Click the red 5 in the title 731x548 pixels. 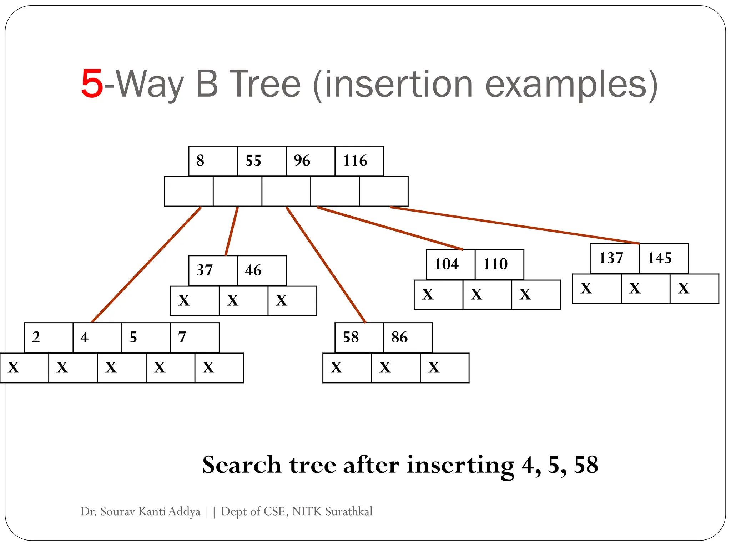tap(92, 84)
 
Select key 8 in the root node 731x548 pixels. tap(213, 161)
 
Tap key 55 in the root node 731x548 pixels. tap(261, 161)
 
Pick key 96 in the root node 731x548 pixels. tap(310, 161)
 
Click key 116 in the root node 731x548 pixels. tap(359, 161)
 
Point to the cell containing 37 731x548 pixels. tap(213, 270)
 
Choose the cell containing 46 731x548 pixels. tap(261, 270)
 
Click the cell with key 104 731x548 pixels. tap(450, 264)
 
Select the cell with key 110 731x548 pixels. tap(499, 264)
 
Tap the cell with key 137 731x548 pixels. tap(615, 258)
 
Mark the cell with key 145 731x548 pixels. tap(664, 258)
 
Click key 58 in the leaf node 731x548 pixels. tap(359, 338)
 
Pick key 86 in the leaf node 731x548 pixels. tap(408, 338)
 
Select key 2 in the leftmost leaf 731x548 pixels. tap(48, 338)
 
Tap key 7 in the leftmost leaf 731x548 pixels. tap(195, 338)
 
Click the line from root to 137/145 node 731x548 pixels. tap(514, 225)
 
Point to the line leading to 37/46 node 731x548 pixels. tap(232, 231)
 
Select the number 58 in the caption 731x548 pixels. tap(585, 465)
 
